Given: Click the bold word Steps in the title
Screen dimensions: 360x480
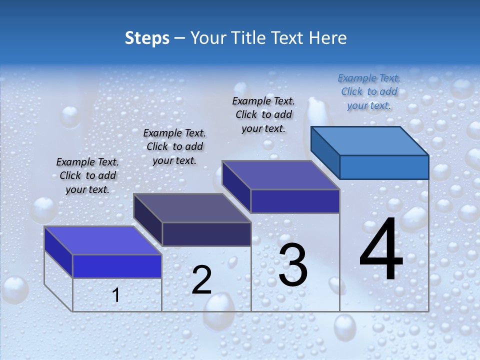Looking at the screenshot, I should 147,38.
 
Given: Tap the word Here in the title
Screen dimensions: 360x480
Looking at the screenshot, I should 328,38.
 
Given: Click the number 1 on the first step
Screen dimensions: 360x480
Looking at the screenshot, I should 116,295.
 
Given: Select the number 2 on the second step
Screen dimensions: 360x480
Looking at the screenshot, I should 201,280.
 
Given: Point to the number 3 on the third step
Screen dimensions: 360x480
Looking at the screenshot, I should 293,265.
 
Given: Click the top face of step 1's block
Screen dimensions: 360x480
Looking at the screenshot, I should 102,240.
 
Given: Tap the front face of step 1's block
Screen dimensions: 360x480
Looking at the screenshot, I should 117,266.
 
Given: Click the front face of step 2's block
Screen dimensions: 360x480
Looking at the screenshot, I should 206,234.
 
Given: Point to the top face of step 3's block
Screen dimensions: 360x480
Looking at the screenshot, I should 280,175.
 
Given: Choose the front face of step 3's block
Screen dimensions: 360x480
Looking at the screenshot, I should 295,201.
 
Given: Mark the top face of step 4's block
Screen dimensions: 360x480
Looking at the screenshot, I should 369,141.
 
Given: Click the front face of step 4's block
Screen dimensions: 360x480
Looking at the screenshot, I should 384,167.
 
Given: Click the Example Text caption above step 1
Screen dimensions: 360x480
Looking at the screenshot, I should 87,175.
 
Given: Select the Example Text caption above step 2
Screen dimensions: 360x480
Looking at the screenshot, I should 174,146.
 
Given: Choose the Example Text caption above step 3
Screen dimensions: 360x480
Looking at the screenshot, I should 263,114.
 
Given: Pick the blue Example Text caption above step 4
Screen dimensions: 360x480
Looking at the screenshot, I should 369,91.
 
